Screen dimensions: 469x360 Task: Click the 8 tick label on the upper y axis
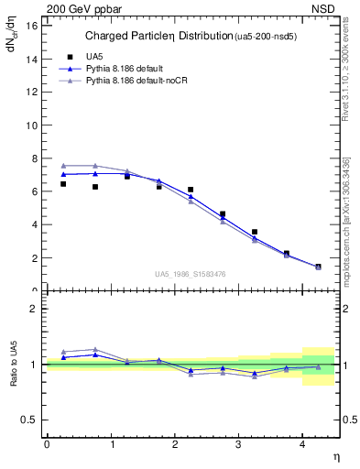point(34,158)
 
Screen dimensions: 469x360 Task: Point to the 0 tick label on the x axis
point(47,444)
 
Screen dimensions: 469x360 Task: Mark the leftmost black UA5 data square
point(63,184)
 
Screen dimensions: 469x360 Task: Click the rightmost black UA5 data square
point(318,267)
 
